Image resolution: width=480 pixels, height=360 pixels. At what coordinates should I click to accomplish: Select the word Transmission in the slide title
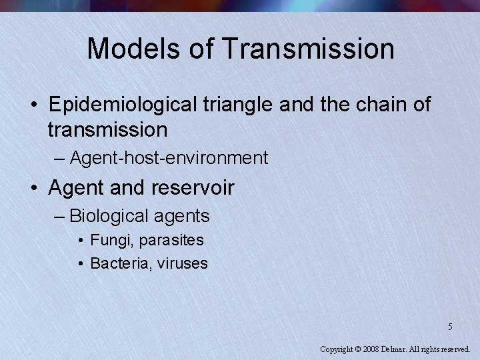point(309,49)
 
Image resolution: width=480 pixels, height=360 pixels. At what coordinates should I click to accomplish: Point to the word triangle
point(240,105)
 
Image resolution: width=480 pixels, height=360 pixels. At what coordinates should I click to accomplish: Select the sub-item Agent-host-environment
point(168,158)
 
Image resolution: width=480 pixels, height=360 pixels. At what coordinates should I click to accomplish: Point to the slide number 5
point(450,327)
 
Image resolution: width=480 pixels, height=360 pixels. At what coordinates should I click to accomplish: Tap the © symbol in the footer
point(357,349)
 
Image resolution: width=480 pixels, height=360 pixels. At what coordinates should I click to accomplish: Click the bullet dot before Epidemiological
point(33,105)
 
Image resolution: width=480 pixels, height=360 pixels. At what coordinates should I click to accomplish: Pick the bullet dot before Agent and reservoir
point(33,189)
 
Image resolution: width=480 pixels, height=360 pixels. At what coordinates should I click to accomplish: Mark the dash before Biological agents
point(60,216)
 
